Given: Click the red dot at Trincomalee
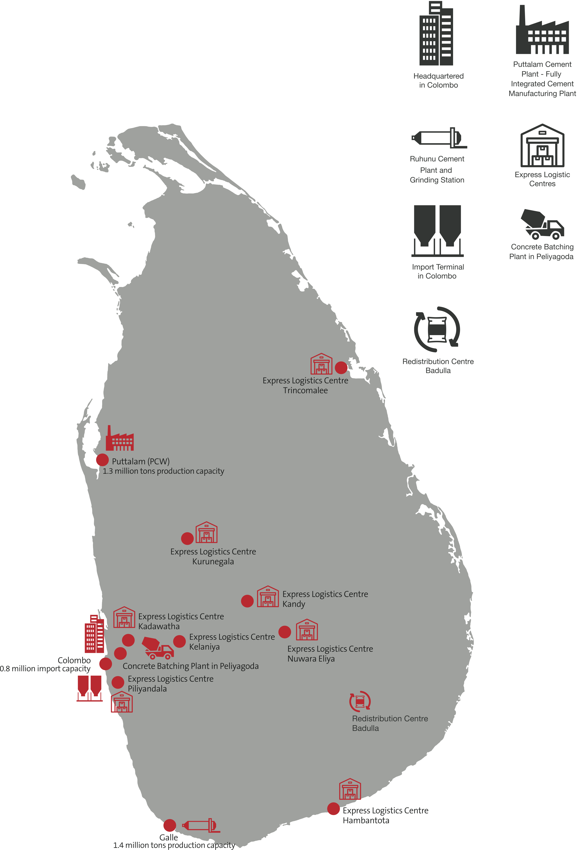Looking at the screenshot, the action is [341, 368].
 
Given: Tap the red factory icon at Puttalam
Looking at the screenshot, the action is [120, 439].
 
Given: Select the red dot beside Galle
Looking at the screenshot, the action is [169, 825].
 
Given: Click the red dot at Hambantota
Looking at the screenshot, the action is [333, 809].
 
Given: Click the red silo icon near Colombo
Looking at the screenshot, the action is [89, 688].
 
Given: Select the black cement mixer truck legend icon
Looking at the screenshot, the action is [542, 224].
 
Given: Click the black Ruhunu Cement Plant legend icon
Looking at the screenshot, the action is [439, 138].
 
